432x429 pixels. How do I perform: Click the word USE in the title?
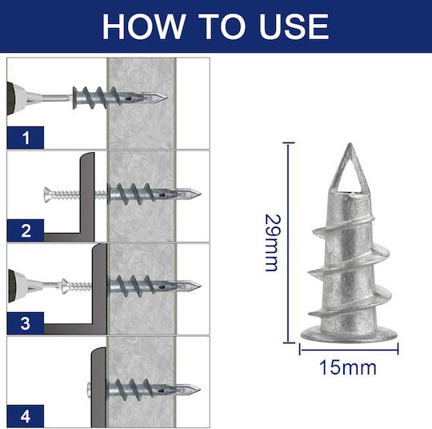click(294, 26)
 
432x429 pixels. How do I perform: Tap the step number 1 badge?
click(26, 138)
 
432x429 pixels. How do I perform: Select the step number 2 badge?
click(26, 231)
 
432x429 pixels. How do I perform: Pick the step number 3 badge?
click(26, 323)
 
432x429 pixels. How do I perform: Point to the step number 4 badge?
click(26, 416)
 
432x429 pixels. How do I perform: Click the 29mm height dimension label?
click(272, 243)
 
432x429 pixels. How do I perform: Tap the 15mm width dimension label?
click(348, 368)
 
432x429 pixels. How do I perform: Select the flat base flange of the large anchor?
click(349, 335)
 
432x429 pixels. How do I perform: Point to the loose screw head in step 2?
click(47, 194)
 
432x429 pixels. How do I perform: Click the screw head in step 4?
click(89, 390)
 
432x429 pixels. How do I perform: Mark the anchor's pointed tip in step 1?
click(166, 98)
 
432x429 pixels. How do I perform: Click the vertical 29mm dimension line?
click(288, 243)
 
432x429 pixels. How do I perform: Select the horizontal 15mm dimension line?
click(349, 350)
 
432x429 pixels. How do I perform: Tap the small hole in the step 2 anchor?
click(162, 195)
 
